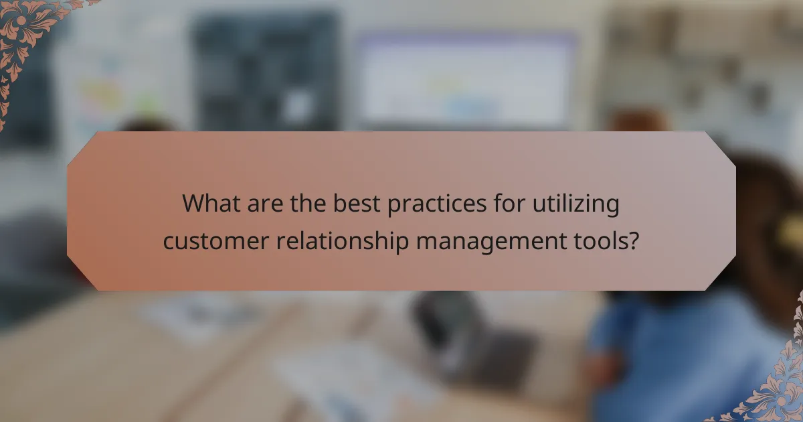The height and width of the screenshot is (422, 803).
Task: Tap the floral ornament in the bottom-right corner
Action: pyautogui.click(x=776, y=389)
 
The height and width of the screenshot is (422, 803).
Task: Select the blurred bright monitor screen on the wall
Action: pyautogui.click(x=465, y=80)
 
